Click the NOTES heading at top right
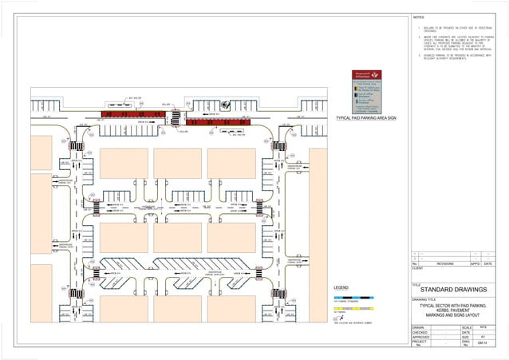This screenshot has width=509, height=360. point(420,18)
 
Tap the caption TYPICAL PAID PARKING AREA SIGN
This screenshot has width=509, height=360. point(367,118)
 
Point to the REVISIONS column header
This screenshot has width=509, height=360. point(445,263)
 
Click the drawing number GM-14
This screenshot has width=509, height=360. point(481,346)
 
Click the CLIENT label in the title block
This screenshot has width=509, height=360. point(417,269)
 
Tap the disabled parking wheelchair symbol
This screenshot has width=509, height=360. point(226,104)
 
